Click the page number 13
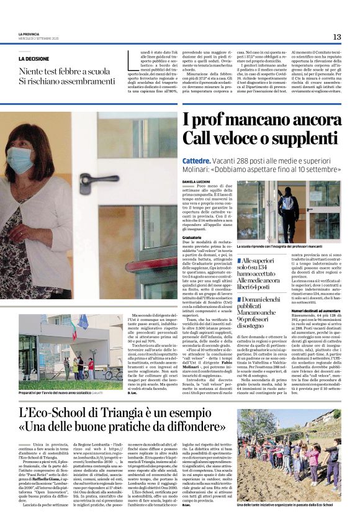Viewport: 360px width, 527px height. [x=337, y=37]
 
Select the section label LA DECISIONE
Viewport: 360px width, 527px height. [x=34, y=59]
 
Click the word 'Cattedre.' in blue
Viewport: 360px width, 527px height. [x=196, y=161]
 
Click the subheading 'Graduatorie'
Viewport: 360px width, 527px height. [x=193, y=237]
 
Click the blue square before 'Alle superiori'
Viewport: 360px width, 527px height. [x=238, y=260]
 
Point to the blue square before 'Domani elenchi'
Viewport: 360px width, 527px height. [x=238, y=298]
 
